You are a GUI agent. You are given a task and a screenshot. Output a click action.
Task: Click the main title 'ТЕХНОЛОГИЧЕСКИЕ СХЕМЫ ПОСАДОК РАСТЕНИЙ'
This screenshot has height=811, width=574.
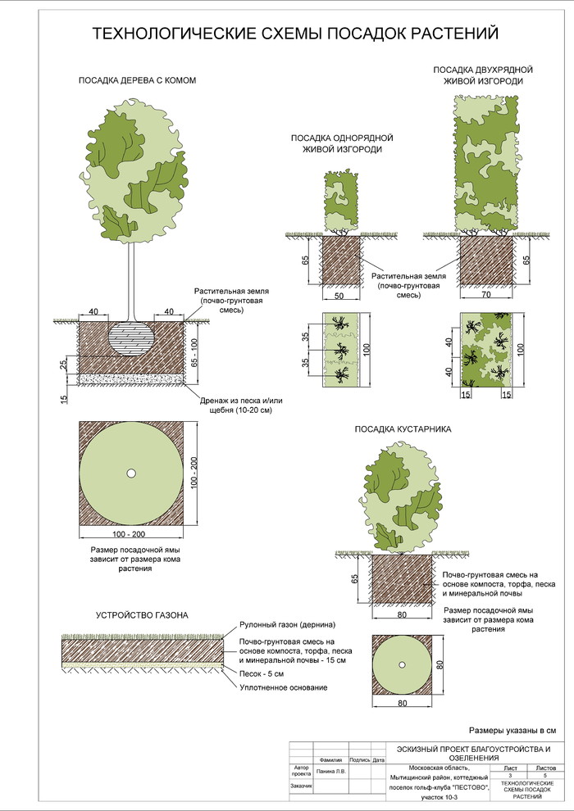294,34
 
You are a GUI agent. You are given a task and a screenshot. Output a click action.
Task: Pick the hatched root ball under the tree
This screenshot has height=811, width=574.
131,338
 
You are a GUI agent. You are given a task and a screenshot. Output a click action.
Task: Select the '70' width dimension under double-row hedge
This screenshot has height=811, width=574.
487,295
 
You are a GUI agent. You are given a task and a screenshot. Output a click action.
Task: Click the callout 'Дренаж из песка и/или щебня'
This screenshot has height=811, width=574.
235,405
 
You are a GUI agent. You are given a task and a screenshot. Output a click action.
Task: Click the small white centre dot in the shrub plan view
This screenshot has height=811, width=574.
403,664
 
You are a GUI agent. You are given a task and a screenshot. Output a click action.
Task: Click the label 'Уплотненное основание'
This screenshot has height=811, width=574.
284,687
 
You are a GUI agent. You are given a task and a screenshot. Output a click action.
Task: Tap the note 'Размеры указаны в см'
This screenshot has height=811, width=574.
512,729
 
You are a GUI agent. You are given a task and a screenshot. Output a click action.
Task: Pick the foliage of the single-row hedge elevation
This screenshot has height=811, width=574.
343,201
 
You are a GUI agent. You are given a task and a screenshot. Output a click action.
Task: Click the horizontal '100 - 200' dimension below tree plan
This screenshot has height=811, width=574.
130,534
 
